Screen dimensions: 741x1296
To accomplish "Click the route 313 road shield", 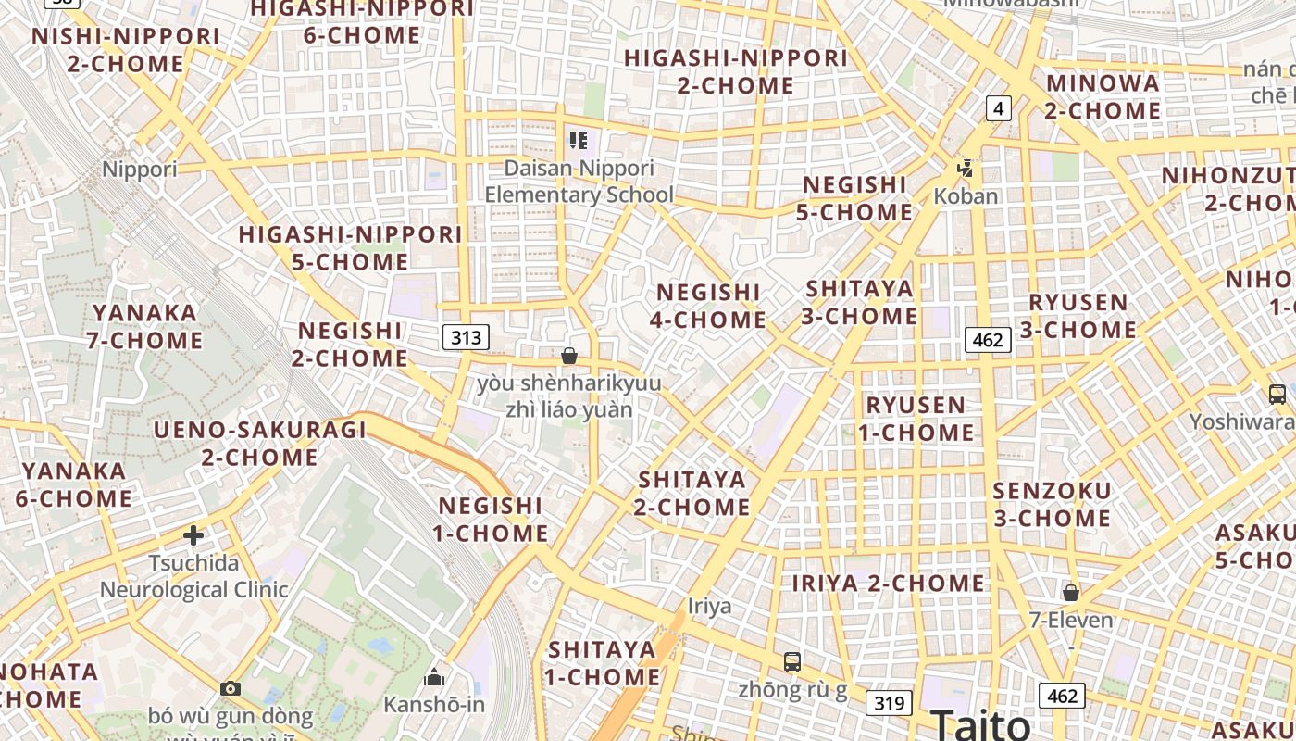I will (x=466, y=337).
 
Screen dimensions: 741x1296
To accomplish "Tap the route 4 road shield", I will (x=997, y=108).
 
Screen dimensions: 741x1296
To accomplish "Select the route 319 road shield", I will (x=889, y=702).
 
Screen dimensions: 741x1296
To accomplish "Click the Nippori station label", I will (x=139, y=170).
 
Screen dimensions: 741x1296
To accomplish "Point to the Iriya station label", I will (x=709, y=607).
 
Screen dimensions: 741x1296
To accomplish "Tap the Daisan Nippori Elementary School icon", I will (x=579, y=141).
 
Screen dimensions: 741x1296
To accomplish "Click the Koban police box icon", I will (x=966, y=169).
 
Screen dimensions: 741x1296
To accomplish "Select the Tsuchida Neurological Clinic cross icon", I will (x=193, y=535).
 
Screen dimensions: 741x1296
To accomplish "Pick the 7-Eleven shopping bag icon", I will (x=1071, y=592).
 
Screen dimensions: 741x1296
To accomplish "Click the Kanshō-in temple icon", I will (x=433, y=678).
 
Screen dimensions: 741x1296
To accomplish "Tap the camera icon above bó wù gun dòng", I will (x=231, y=688).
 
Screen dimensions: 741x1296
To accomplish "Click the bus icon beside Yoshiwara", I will (x=1277, y=395).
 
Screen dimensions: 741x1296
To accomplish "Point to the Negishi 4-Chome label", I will (x=707, y=307).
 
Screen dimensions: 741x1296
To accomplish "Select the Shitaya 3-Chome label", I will (x=859, y=302).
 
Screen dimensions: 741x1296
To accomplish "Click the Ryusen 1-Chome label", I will (x=916, y=419).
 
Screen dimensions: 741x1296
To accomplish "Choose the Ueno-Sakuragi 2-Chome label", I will (x=259, y=443).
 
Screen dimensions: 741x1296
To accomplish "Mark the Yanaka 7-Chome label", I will (x=144, y=326).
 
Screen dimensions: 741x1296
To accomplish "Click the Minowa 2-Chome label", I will (x=1103, y=96).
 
